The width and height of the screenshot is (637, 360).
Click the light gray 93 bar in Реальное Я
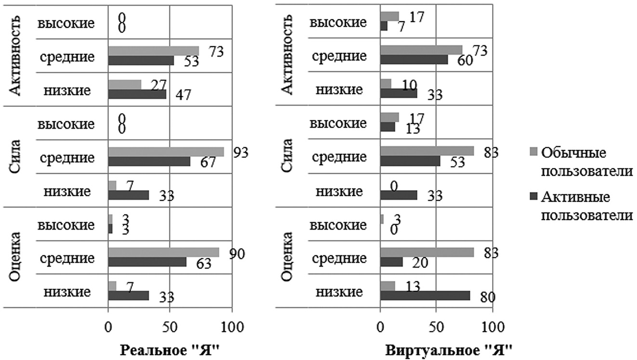click(x=166, y=152)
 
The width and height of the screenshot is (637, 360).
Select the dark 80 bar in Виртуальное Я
click(x=425, y=296)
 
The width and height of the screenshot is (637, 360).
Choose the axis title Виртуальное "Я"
click(x=449, y=349)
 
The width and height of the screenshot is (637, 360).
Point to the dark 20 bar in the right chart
click(x=391, y=261)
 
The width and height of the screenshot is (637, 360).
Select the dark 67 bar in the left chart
click(x=149, y=161)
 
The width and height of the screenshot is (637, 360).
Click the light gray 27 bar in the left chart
click(x=125, y=85)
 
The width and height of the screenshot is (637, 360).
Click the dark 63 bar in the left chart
click(x=147, y=262)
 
